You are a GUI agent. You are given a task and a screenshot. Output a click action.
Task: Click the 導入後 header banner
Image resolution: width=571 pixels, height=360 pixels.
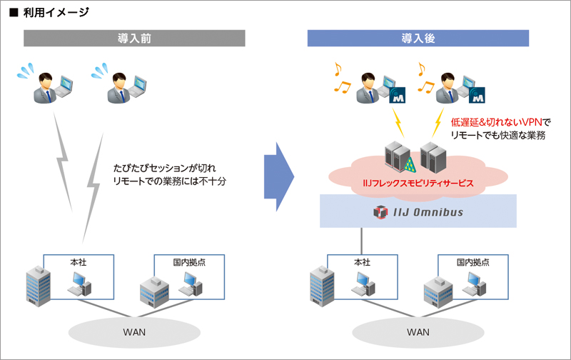[418, 38]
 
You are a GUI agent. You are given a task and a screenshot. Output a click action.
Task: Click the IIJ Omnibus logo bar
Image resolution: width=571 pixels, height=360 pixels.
[418, 213]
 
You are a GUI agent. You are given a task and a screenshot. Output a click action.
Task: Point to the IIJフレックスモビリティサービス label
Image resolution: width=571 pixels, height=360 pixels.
[415, 184]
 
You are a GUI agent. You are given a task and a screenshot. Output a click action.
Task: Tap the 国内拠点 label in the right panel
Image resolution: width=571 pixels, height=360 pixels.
[472, 262]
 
